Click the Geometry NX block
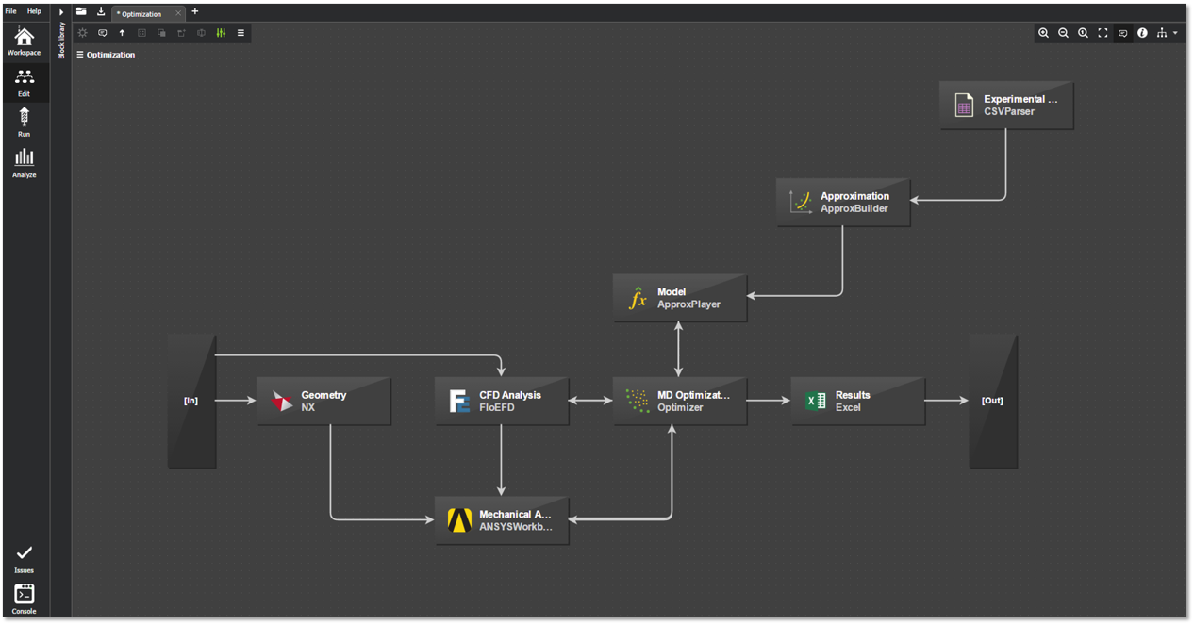tap(323, 401)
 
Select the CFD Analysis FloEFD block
tap(502, 401)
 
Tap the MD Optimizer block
tap(680, 401)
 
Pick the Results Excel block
tap(858, 401)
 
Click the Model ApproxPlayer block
tap(680, 298)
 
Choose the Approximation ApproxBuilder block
tap(843, 202)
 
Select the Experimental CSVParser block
tap(1006, 105)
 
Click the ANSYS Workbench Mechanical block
tap(502, 520)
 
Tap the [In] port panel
tap(191, 401)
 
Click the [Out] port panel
tap(993, 401)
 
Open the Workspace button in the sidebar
tap(25, 41)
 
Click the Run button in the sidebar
tap(25, 122)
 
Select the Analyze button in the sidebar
tap(25, 162)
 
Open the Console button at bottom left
tap(25, 598)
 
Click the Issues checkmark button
tap(25, 557)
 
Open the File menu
tap(11, 11)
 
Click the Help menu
tap(34, 11)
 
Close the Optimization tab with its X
tap(178, 13)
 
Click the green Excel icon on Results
tap(816, 401)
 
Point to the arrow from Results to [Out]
tap(946, 401)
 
